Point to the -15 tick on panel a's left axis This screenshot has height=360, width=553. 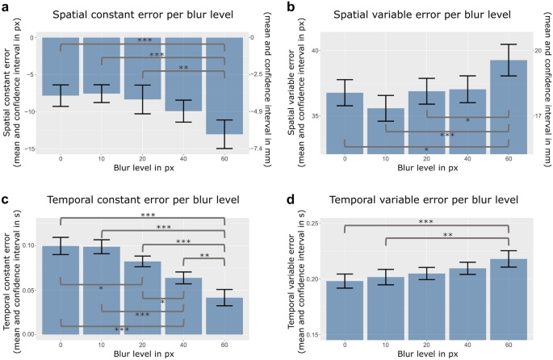(x=27, y=149)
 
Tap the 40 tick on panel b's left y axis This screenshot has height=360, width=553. (x=315, y=51)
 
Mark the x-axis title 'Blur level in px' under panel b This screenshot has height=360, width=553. (x=425, y=168)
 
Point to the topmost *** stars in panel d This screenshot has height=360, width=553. (x=426, y=222)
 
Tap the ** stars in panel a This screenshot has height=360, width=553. (x=183, y=68)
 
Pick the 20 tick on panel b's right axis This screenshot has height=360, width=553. (x=534, y=51)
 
